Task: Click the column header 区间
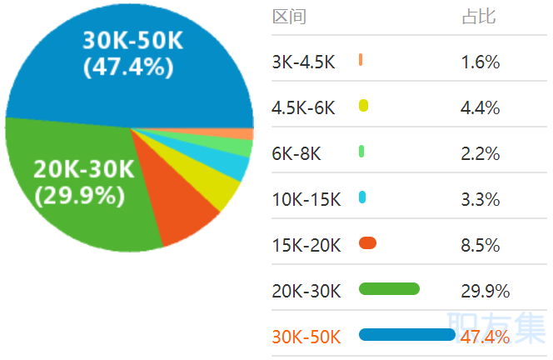289,17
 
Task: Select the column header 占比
478,17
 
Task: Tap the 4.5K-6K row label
303,107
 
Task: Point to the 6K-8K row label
296,153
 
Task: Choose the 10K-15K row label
306,199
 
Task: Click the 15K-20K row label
306,245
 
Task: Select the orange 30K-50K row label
306,337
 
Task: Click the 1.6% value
480,62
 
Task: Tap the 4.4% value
480,107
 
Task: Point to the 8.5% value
480,245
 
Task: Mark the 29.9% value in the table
485,291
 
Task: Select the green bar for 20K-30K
389,289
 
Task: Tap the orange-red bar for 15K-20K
367,243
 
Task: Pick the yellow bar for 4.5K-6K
363,106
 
